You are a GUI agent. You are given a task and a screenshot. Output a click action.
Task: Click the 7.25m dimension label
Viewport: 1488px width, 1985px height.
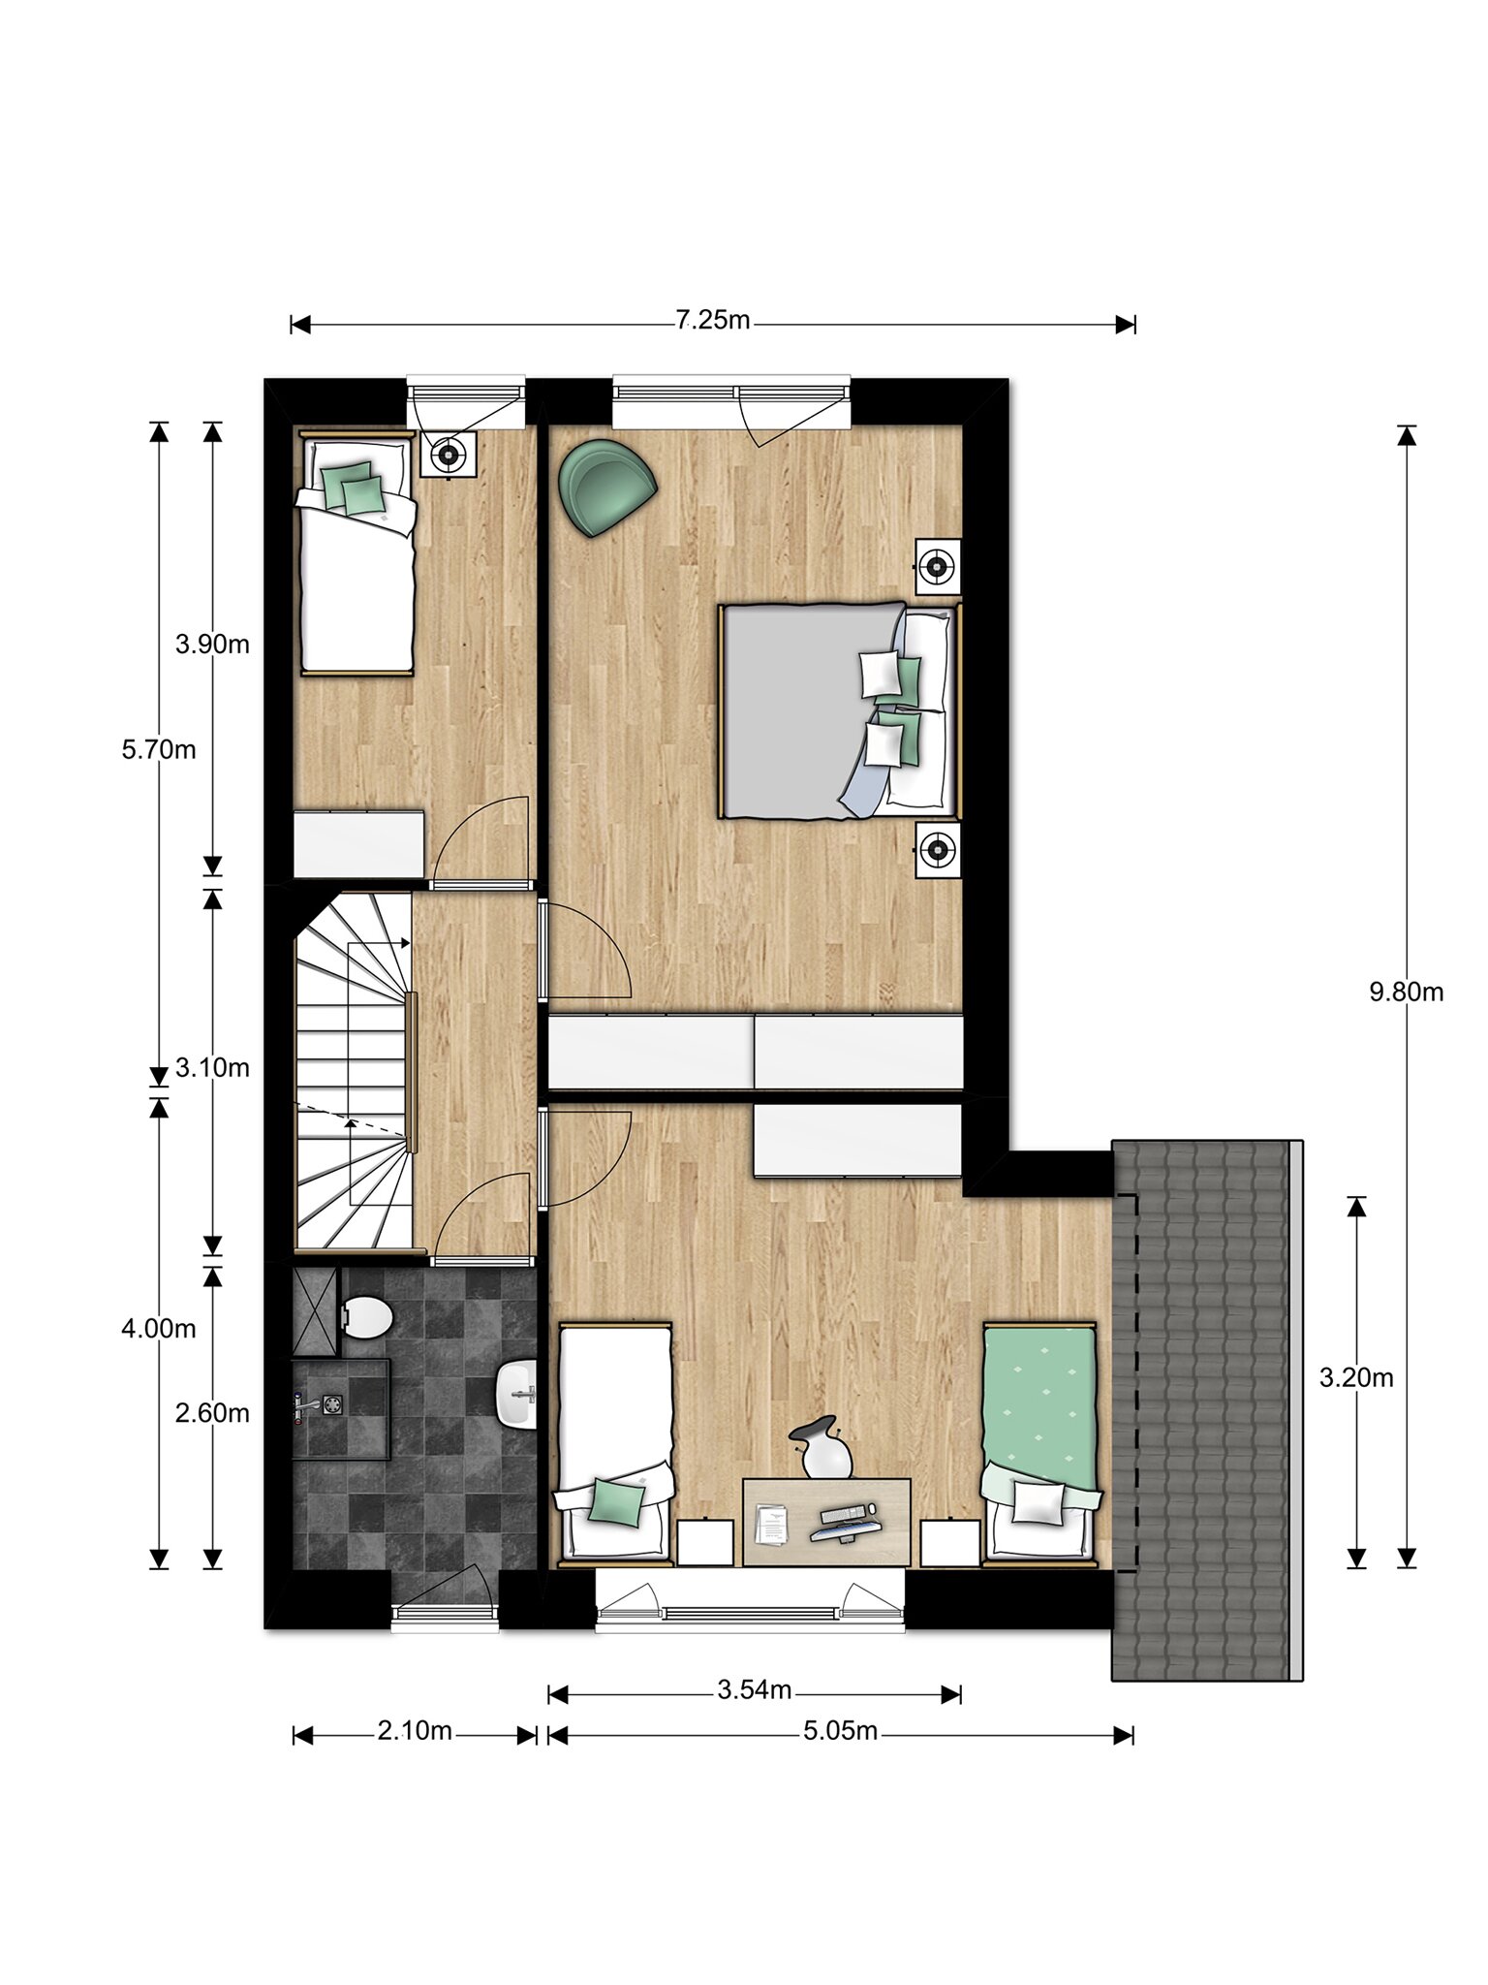tap(713, 321)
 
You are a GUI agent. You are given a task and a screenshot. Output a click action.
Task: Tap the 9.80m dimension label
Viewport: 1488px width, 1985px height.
tap(1406, 992)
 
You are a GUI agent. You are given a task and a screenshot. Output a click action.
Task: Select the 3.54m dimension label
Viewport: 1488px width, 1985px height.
tap(755, 1691)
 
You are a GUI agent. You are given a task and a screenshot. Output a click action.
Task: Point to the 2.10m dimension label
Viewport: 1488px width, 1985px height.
tap(415, 1731)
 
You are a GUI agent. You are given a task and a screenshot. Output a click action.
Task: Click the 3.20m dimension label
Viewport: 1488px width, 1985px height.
tap(1356, 1377)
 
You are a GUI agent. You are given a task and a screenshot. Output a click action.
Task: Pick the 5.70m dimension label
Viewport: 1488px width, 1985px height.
tap(159, 749)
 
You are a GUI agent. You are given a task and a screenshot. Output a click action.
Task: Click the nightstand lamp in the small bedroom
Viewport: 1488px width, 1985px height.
tap(448, 454)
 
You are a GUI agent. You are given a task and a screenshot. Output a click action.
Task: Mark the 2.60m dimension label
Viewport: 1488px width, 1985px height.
tap(212, 1413)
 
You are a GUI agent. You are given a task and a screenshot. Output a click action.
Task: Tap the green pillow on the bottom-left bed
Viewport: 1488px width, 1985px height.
tap(616, 1502)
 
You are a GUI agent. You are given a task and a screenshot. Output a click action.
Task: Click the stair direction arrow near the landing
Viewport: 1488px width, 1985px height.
tap(378, 941)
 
